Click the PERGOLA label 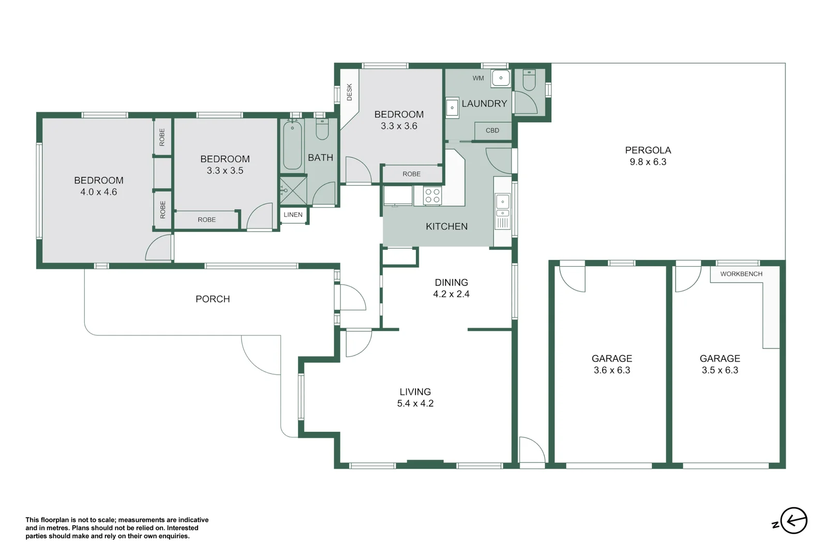coord(648,150)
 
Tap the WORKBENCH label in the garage coord(741,274)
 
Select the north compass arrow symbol coord(793,520)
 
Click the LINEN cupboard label coord(293,214)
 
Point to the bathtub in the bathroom coord(292,145)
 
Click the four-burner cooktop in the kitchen coord(432,196)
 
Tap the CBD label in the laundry coord(492,130)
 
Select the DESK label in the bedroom coord(349,92)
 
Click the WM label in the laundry coord(478,78)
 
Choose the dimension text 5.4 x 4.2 coord(415,403)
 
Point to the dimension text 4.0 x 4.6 coord(98,192)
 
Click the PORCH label coord(212,299)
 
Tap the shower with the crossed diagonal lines coord(293,190)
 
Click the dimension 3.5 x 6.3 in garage coord(720,370)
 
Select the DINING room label coord(451,282)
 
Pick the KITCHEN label coord(446,226)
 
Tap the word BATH coord(320,157)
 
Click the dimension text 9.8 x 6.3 coord(648,162)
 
